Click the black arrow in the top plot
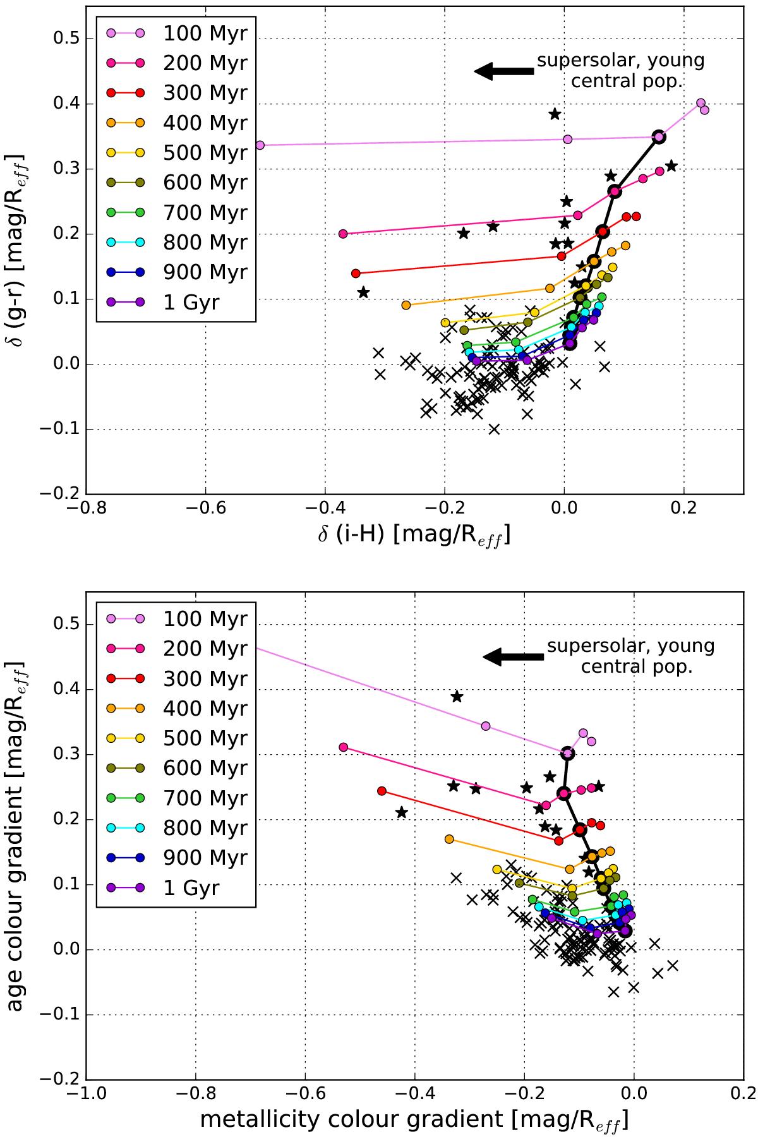coord(503,71)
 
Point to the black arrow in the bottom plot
coord(513,657)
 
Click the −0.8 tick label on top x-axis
coord(86,508)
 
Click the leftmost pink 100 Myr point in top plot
coord(260,145)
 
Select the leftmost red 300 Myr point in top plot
coord(356,274)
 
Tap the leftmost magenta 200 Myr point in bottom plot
coord(344,747)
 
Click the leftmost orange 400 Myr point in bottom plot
coord(449,839)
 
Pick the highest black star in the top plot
coord(555,114)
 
